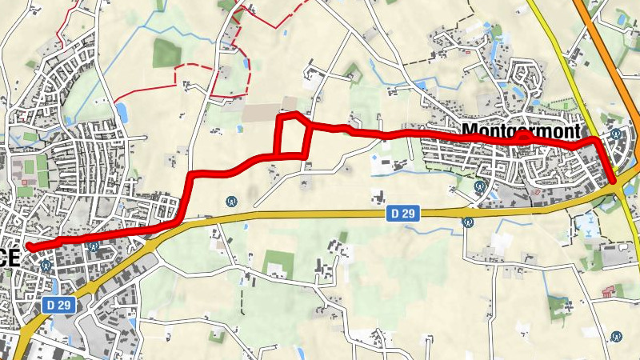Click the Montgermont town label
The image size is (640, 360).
(520, 130)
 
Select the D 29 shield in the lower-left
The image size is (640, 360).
(58, 304)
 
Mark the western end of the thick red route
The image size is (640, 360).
(29, 246)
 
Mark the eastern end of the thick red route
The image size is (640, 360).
(614, 181)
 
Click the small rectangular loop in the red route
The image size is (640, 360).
(293, 135)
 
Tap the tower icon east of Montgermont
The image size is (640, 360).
(616, 134)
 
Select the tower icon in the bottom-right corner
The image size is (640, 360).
(615, 336)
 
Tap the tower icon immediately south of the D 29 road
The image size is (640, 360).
(466, 224)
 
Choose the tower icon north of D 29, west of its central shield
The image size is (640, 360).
(232, 200)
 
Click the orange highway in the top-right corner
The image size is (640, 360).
(608, 32)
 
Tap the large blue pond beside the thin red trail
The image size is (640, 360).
(122, 110)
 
